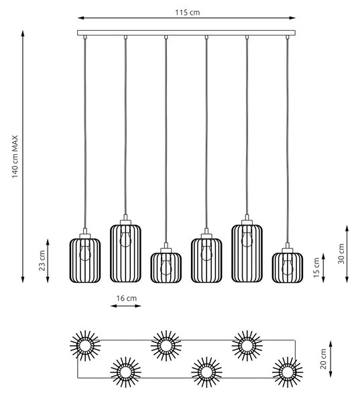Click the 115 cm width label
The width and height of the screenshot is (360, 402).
(x=187, y=12)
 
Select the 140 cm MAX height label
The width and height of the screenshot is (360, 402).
(x=15, y=157)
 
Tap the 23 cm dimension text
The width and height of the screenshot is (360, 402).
(x=42, y=260)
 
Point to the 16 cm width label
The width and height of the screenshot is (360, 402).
(x=127, y=298)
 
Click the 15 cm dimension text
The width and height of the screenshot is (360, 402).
(x=316, y=267)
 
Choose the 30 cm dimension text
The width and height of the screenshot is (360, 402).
(x=341, y=254)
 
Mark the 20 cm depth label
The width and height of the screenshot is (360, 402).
(x=323, y=359)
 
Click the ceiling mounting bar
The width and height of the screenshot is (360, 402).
(x=186, y=33)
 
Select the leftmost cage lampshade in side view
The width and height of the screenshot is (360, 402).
(x=85, y=260)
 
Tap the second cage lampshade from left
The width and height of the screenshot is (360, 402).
(x=125, y=253)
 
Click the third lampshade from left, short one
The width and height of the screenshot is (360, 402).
(x=166, y=267)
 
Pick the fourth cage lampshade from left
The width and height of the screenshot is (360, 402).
(x=206, y=260)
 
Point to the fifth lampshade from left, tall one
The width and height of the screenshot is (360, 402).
(x=247, y=253)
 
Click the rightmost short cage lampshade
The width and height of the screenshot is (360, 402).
(x=288, y=267)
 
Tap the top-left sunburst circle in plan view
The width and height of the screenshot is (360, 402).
(x=85, y=346)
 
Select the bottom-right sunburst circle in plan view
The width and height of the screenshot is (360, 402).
(x=288, y=372)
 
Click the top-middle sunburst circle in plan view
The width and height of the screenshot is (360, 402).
(x=166, y=346)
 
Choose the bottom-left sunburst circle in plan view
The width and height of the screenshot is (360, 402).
(x=126, y=372)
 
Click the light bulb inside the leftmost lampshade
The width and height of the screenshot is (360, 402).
(x=85, y=253)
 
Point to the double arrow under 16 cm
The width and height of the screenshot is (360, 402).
(x=126, y=306)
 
